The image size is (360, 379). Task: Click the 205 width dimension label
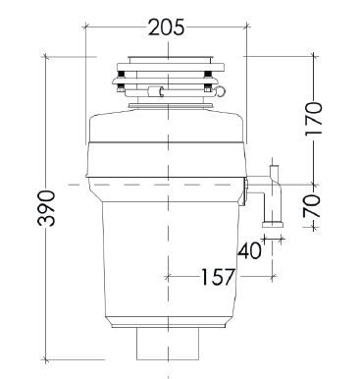[x=167, y=27]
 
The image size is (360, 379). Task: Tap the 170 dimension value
[x=313, y=119]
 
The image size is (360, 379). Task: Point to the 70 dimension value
[x=313, y=206]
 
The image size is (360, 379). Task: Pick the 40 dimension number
[x=249, y=250]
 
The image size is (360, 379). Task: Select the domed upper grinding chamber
[x=167, y=133]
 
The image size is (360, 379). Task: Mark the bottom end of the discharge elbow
[x=277, y=225]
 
